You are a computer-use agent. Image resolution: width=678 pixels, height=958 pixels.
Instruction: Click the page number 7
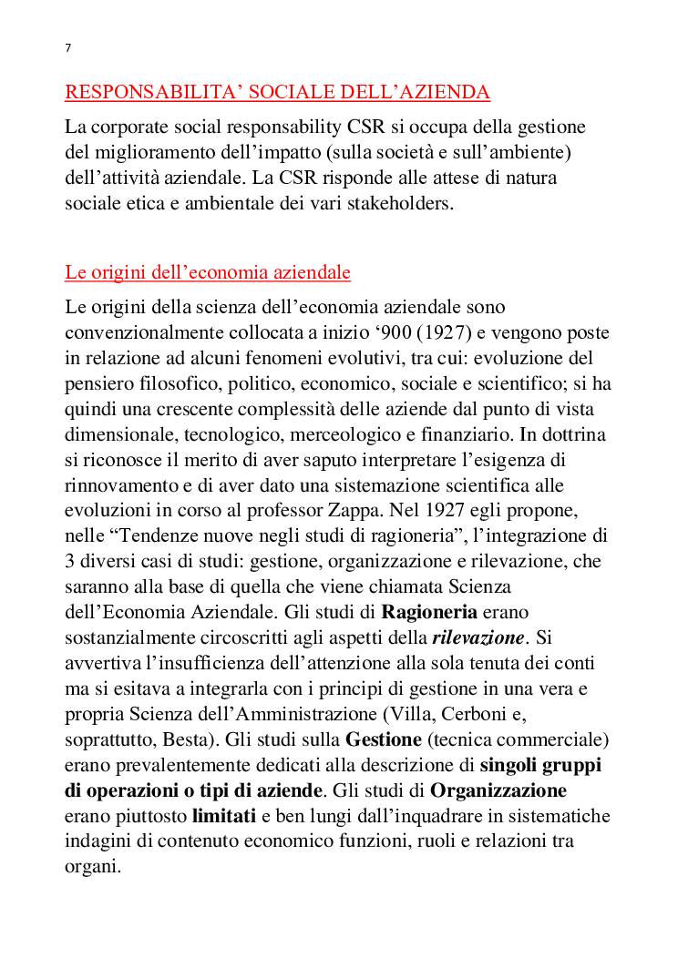pyautogui.click(x=68, y=48)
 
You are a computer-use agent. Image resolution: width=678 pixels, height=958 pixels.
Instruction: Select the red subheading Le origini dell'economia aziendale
pyautogui.click(x=208, y=272)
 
